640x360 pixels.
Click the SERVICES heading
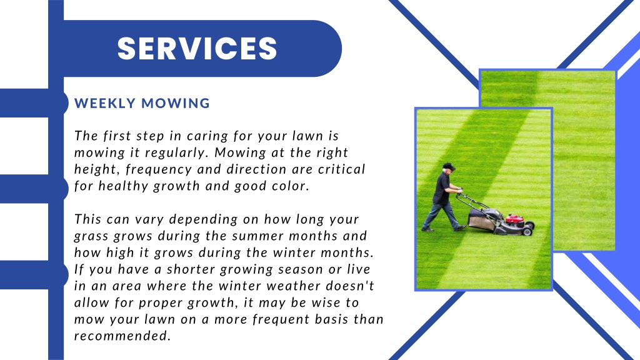click(x=197, y=49)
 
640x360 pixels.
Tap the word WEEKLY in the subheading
click(x=104, y=104)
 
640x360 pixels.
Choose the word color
click(x=289, y=186)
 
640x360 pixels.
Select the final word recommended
click(x=122, y=337)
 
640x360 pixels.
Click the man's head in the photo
click(x=447, y=169)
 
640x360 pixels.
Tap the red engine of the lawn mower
click(x=514, y=219)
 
